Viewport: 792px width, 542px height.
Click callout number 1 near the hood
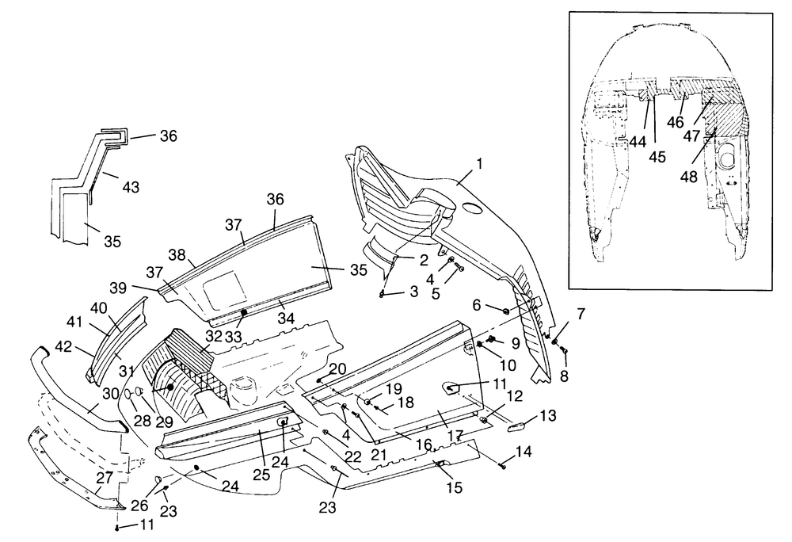(479, 164)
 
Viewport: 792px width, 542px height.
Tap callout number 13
(547, 415)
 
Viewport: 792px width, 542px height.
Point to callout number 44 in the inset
(638, 142)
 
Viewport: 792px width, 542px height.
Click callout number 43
(131, 187)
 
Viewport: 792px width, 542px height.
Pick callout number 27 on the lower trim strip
(105, 477)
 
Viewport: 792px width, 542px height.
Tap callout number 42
(63, 347)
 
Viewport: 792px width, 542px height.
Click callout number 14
(524, 451)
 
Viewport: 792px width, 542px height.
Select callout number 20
(338, 368)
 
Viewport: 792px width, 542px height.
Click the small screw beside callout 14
(503, 466)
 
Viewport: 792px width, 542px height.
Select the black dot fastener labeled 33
(243, 313)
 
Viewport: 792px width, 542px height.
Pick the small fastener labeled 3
(383, 295)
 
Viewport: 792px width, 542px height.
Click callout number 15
(455, 487)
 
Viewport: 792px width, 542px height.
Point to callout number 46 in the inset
(676, 122)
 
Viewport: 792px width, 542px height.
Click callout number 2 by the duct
(423, 260)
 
